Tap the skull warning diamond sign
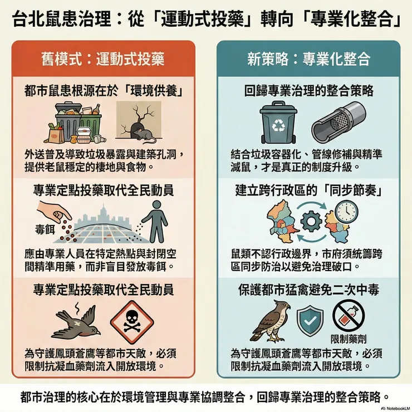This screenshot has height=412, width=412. point(130,323)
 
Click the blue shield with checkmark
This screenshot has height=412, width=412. point(310,321)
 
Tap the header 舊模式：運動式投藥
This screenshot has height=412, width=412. point(103,58)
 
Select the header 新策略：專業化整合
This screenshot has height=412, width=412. point(309,58)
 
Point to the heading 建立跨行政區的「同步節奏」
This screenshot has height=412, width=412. point(309,190)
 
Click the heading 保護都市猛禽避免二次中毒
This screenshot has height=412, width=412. point(309,290)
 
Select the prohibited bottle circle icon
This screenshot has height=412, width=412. point(349,316)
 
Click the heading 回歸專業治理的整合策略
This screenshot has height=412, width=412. point(309,89)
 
